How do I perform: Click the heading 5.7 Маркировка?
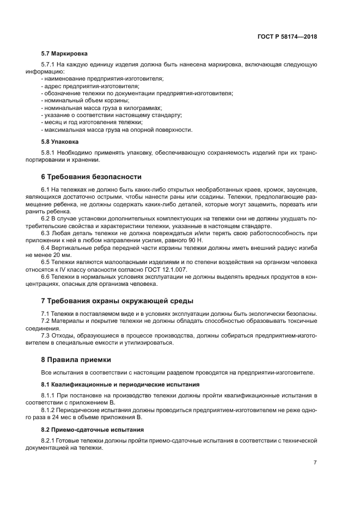64,54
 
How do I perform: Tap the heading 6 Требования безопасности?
91,176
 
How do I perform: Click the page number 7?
315,463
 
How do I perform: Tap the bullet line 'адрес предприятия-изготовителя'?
90,86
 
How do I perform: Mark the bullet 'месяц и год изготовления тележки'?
91,122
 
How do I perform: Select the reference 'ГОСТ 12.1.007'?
184,269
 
